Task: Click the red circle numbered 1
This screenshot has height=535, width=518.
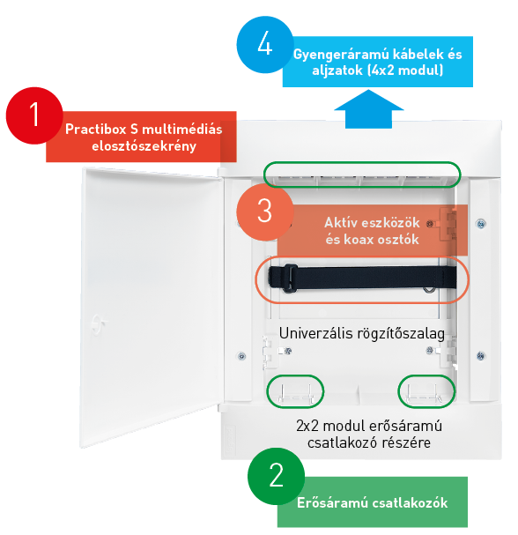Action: (34, 115)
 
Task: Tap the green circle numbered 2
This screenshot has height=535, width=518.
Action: (276, 476)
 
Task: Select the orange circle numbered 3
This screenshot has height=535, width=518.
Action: (265, 212)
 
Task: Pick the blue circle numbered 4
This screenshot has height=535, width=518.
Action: (265, 45)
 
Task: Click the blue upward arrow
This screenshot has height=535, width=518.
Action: (368, 109)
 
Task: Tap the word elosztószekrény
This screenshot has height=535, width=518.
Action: (144, 146)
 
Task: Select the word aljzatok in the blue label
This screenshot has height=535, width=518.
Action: (337, 71)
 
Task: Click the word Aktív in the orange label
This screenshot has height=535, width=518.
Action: (340, 222)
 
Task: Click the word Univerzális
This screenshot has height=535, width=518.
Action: (315, 333)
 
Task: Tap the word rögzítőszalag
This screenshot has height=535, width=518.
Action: (401, 334)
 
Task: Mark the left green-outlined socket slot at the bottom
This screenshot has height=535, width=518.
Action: (295, 391)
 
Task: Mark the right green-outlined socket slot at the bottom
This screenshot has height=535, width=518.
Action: (426, 391)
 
